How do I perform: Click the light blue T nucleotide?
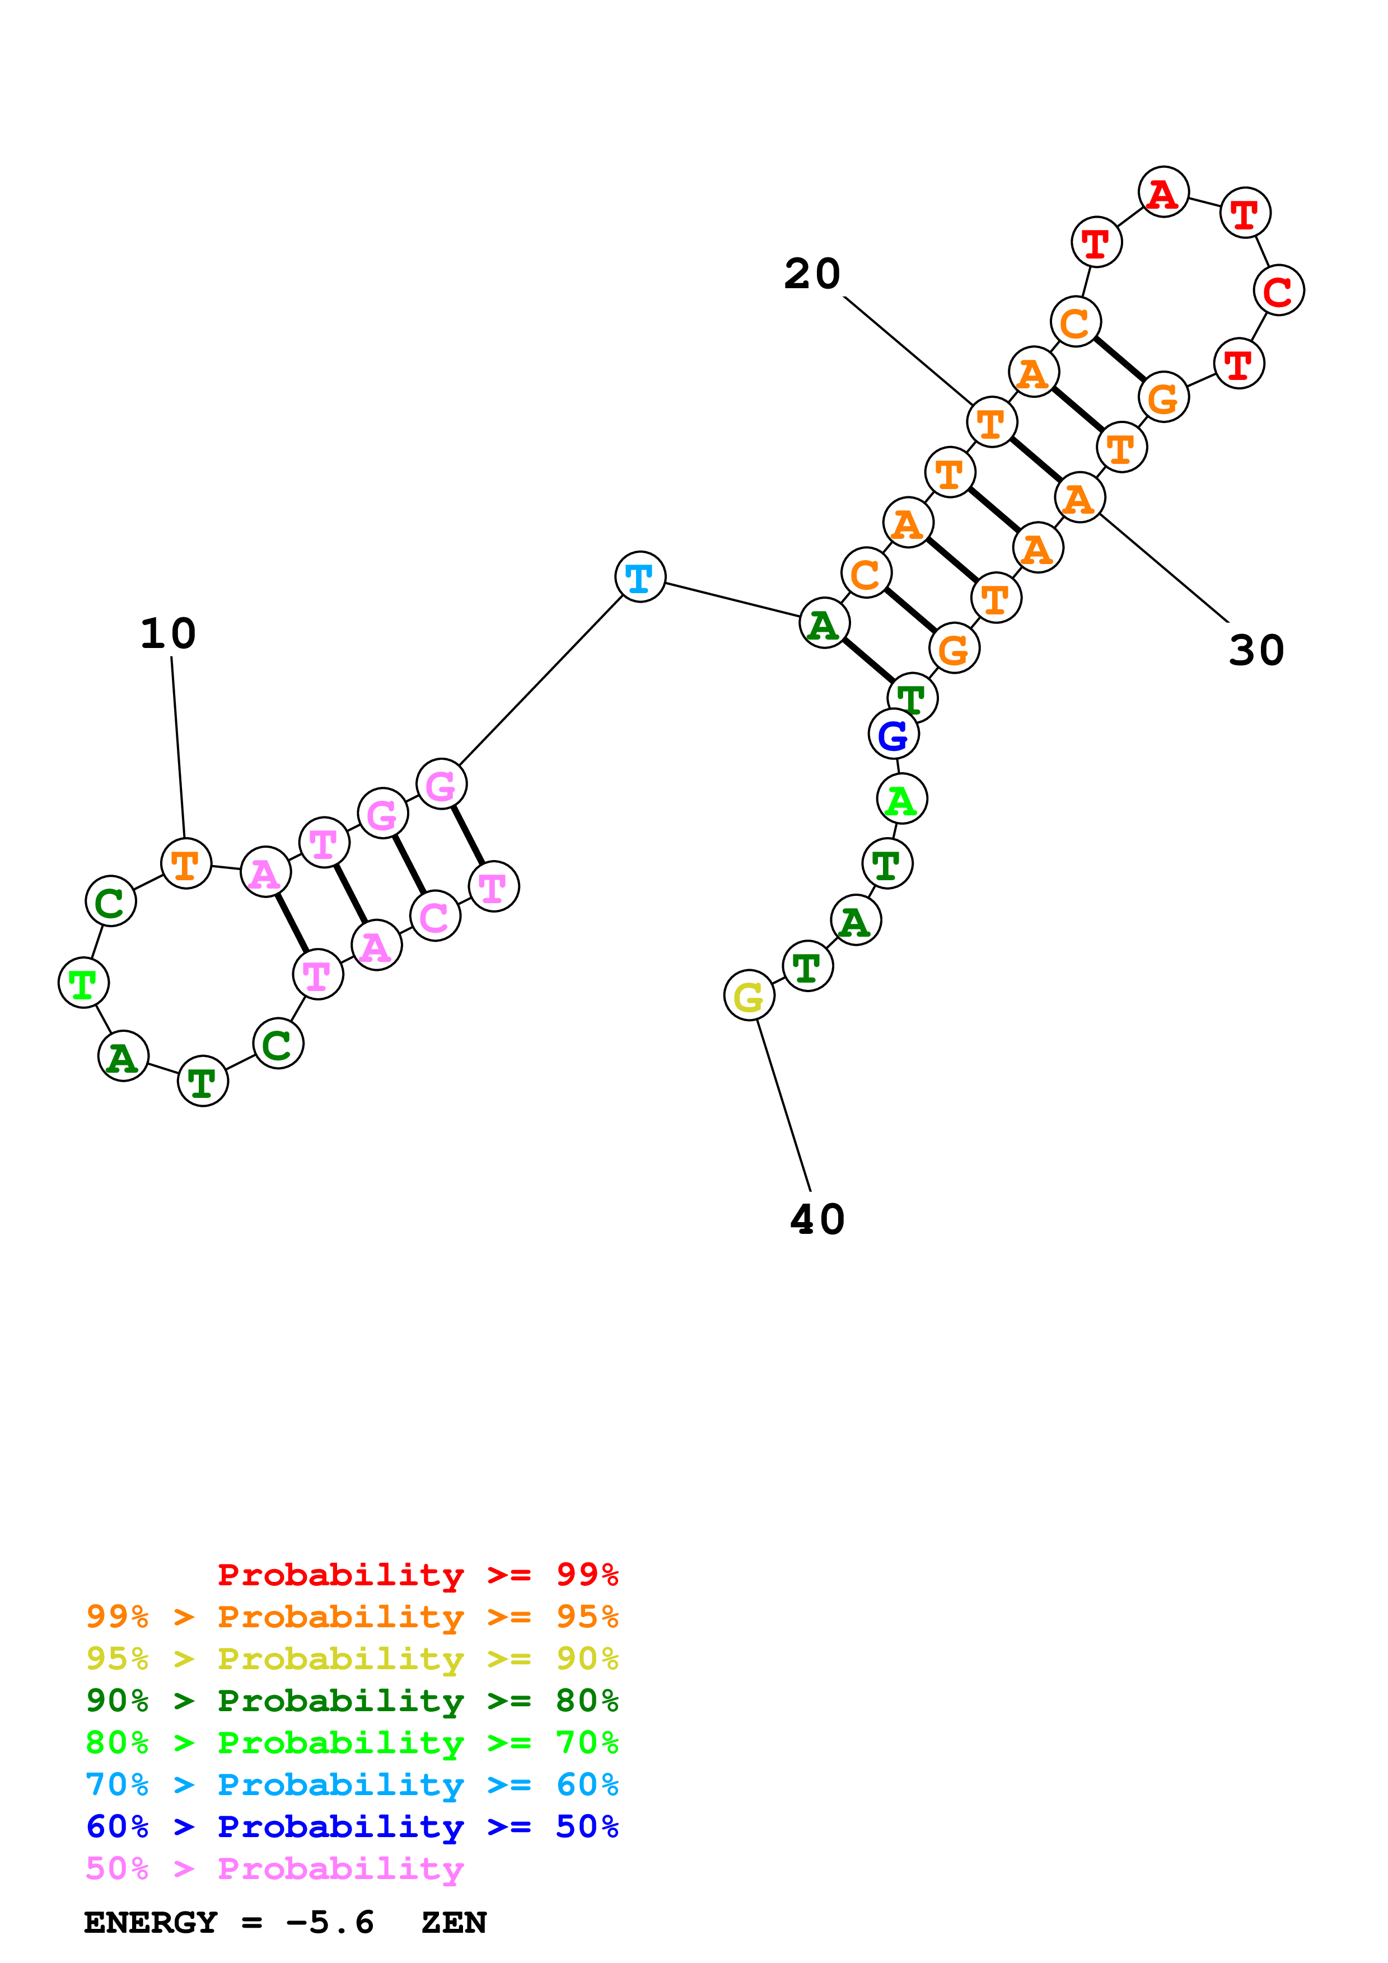click(640, 577)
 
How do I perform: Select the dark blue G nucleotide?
click(894, 734)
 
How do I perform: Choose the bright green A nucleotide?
click(901, 800)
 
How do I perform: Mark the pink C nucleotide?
click(435, 917)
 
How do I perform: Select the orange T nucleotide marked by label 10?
click(185, 865)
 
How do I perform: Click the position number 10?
click(169, 633)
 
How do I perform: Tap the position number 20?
click(812, 274)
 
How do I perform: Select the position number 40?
click(817, 1219)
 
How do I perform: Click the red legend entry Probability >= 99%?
click(417, 1575)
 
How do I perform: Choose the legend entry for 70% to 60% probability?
click(352, 1784)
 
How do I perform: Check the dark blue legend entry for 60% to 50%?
click(352, 1826)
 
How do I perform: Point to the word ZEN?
click(454, 1923)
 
